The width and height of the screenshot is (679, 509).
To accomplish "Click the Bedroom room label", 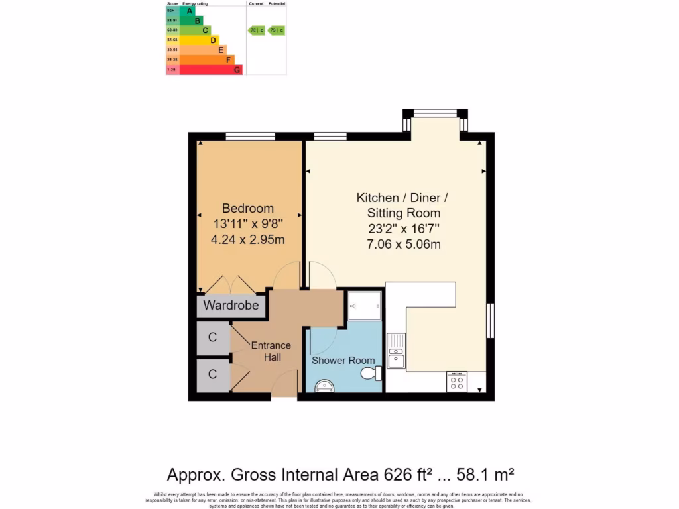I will (247, 208).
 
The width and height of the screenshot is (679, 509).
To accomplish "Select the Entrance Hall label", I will (271, 351).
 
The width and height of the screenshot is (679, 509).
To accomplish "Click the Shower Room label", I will (343, 360).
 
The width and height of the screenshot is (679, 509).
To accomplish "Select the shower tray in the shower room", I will (365, 306).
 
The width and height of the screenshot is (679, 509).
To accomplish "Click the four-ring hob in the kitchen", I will (457, 382).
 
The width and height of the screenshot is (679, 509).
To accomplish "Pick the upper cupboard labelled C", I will (212, 337).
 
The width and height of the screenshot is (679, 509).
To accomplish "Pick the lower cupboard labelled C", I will (212, 374).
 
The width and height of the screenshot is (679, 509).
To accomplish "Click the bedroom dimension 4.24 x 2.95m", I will (247, 239).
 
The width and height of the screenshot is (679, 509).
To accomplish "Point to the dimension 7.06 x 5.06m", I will (403, 245).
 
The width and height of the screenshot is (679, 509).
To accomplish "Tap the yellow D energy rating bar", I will (199, 40).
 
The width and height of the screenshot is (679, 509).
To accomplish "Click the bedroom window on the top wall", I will (250, 137).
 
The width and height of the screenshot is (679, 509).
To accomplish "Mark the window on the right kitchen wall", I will (491, 321).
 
